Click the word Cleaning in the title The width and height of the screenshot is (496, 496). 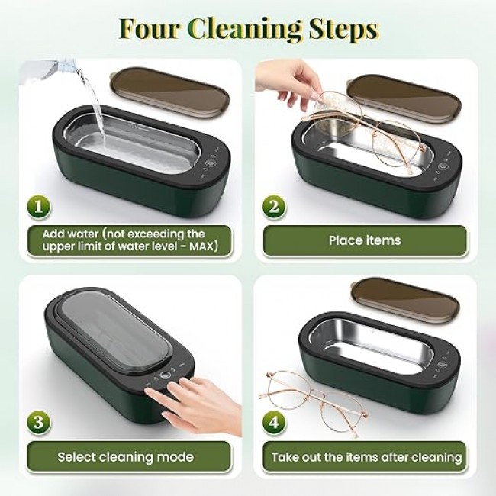click(245, 30)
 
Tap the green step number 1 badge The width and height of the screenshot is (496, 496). click(39, 208)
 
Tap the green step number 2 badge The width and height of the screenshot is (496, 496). click(274, 208)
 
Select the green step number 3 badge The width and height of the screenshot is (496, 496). click(39, 423)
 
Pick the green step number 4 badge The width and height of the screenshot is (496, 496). click(274, 423)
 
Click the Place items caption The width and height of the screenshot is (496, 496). click(365, 240)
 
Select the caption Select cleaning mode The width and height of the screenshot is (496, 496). click(126, 457)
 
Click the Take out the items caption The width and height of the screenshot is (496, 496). click(366, 457)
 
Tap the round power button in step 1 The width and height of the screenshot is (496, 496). click(209, 163)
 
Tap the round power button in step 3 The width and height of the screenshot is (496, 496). click(165, 375)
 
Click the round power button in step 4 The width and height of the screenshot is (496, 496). click(442, 364)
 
